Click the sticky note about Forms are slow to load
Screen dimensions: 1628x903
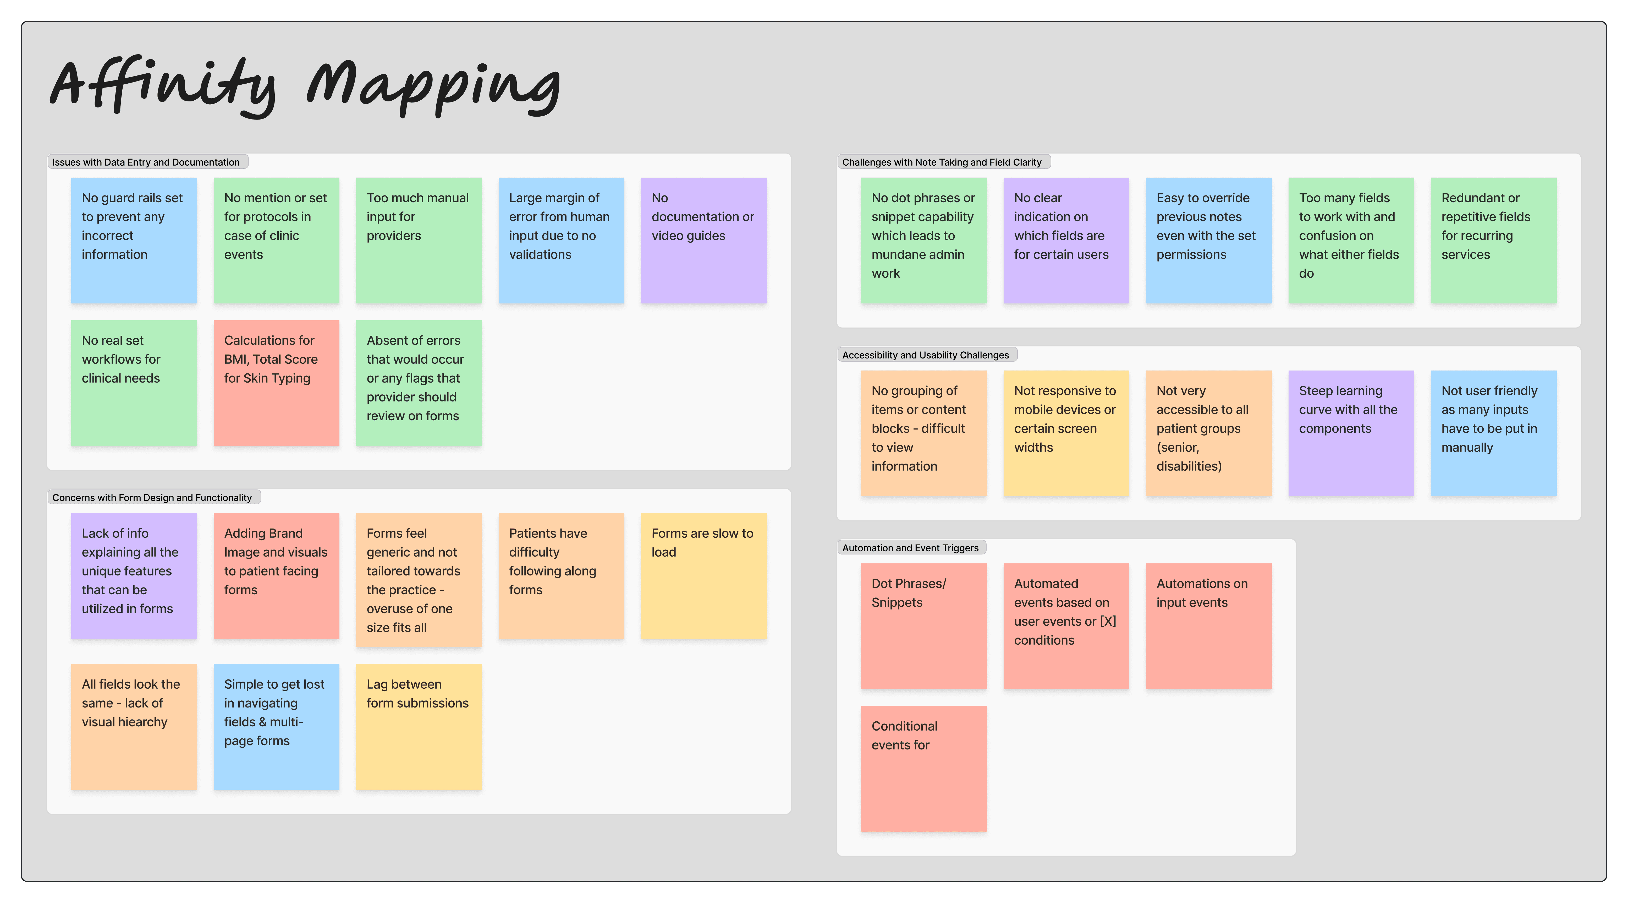coord(703,575)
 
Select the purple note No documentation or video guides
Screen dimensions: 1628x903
coord(703,240)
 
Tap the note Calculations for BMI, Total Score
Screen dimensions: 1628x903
coord(276,383)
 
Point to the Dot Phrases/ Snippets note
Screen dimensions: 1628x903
coord(923,626)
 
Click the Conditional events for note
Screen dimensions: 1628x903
coord(923,768)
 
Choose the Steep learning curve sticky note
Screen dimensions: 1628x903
coord(1351,433)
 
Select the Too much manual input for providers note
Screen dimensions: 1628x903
coord(418,240)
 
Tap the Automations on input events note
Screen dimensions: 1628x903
coord(1208,626)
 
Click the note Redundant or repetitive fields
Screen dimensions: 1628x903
coord(1493,240)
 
